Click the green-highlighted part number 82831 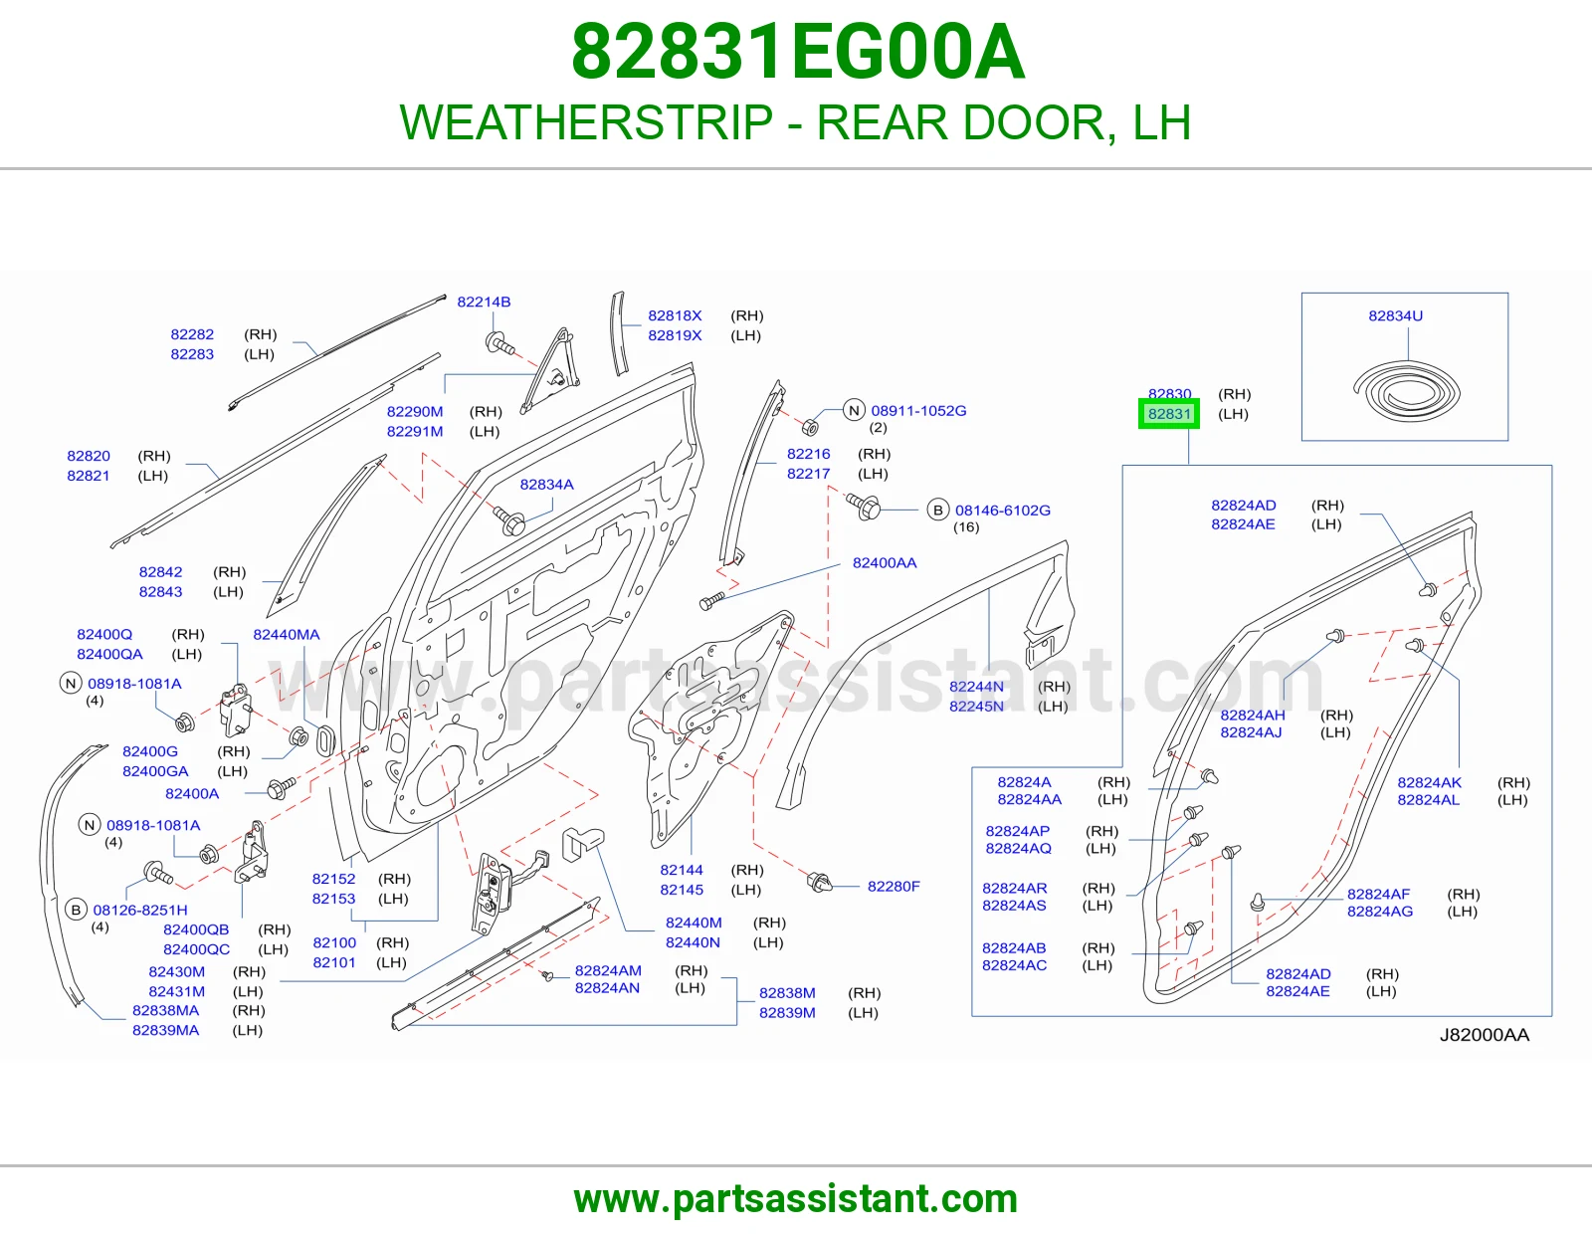point(1169,414)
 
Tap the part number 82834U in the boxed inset point(1395,315)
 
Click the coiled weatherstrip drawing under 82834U point(1406,396)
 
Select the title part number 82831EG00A point(797,52)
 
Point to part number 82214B point(484,302)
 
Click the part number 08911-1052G point(918,411)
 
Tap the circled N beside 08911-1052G point(854,410)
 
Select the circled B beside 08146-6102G point(937,510)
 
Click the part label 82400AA point(885,563)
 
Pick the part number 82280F point(894,886)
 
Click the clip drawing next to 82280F point(819,882)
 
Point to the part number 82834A point(546,485)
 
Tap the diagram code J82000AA point(1485,1035)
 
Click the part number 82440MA point(286,635)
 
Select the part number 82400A point(192,793)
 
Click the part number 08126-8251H point(140,911)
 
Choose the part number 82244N point(977,687)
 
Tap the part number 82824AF point(1378,894)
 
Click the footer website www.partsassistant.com point(796,1199)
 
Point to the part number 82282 point(192,334)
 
